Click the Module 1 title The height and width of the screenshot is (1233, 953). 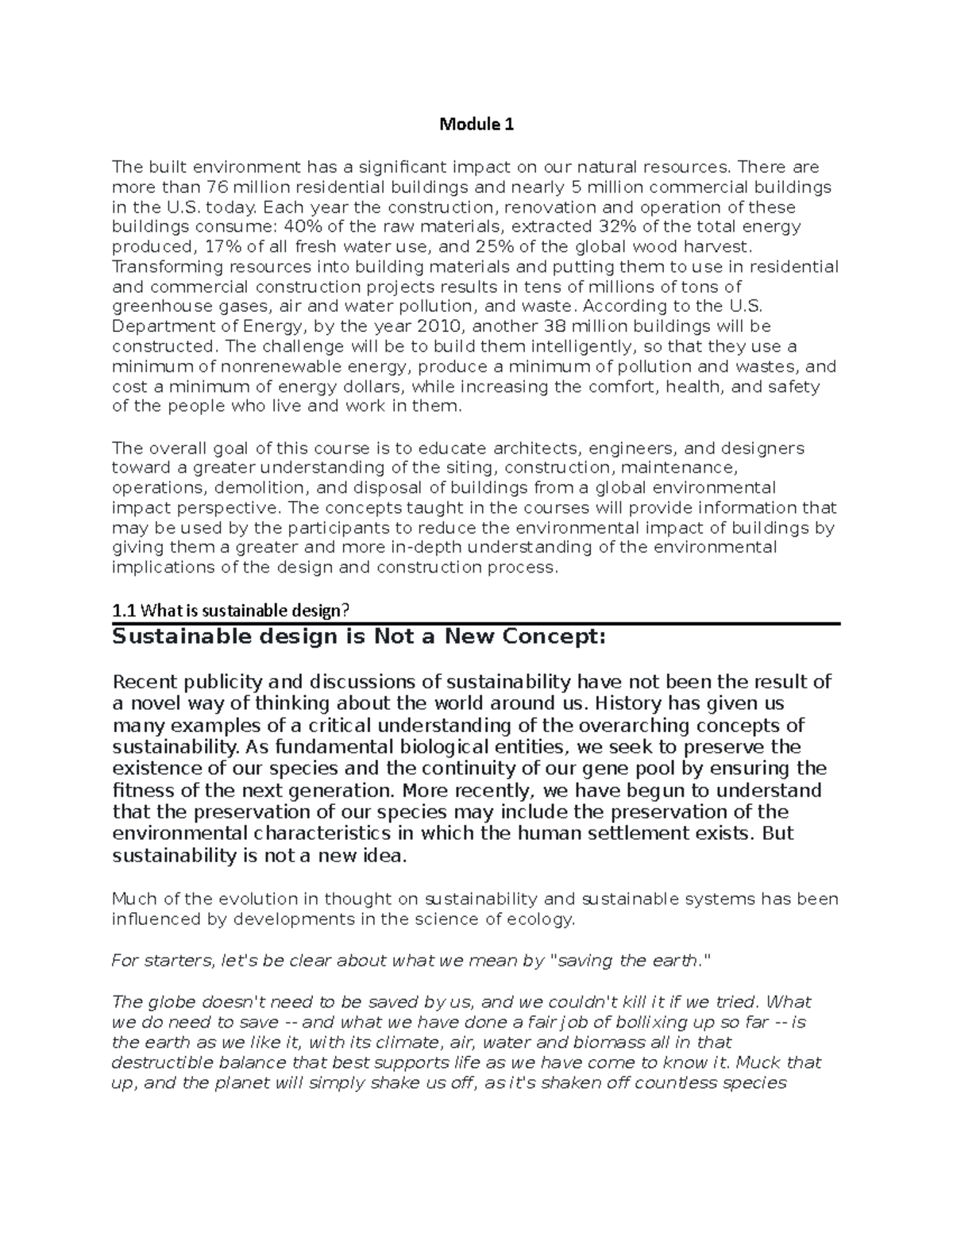476,125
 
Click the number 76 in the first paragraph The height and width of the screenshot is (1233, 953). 217,187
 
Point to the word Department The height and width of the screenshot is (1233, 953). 157,326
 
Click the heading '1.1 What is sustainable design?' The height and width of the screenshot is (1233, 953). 231,611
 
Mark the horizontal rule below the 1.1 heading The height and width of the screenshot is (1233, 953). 476,624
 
